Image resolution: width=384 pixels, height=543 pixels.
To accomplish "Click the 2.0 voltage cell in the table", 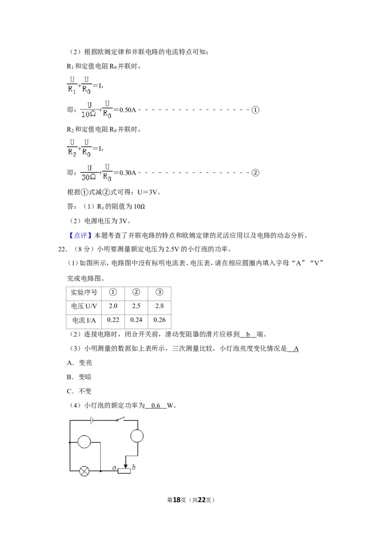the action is click(x=113, y=306).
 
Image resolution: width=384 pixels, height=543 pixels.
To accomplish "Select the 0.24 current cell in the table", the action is click(x=136, y=320).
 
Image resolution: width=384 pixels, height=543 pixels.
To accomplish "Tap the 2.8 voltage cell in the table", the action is click(x=159, y=306).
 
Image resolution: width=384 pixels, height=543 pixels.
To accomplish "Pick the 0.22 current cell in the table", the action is click(x=113, y=320).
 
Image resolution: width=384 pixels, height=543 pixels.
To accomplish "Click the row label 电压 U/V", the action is click(x=84, y=306).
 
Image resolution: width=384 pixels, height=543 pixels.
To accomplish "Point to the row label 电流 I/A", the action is click(x=84, y=320).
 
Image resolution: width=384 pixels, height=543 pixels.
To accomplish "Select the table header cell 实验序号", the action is click(x=84, y=292).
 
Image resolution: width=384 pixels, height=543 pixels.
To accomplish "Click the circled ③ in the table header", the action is click(x=159, y=292).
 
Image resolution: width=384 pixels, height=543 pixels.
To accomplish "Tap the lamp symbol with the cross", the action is click(x=84, y=471).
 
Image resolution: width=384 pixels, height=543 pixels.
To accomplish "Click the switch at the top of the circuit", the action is click(x=120, y=420).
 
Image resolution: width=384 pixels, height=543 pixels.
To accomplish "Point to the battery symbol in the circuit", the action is click(x=91, y=420).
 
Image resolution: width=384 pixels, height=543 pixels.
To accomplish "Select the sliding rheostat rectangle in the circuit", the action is click(x=124, y=471).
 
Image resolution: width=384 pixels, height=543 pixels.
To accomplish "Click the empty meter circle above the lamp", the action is click(x=84, y=442).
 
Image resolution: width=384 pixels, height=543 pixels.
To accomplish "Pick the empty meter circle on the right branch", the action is click(x=137, y=436).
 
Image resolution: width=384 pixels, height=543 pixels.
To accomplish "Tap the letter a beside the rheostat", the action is click(x=114, y=468).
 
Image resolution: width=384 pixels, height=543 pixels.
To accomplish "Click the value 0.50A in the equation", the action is click(x=128, y=110).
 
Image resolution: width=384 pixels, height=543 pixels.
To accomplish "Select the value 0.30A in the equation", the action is click(x=128, y=173).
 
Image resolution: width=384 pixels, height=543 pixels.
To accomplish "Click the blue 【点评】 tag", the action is click(x=80, y=236).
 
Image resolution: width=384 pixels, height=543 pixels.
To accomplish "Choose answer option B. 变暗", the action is click(x=79, y=377).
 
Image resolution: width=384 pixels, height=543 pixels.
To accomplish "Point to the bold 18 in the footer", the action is click(x=177, y=500).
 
